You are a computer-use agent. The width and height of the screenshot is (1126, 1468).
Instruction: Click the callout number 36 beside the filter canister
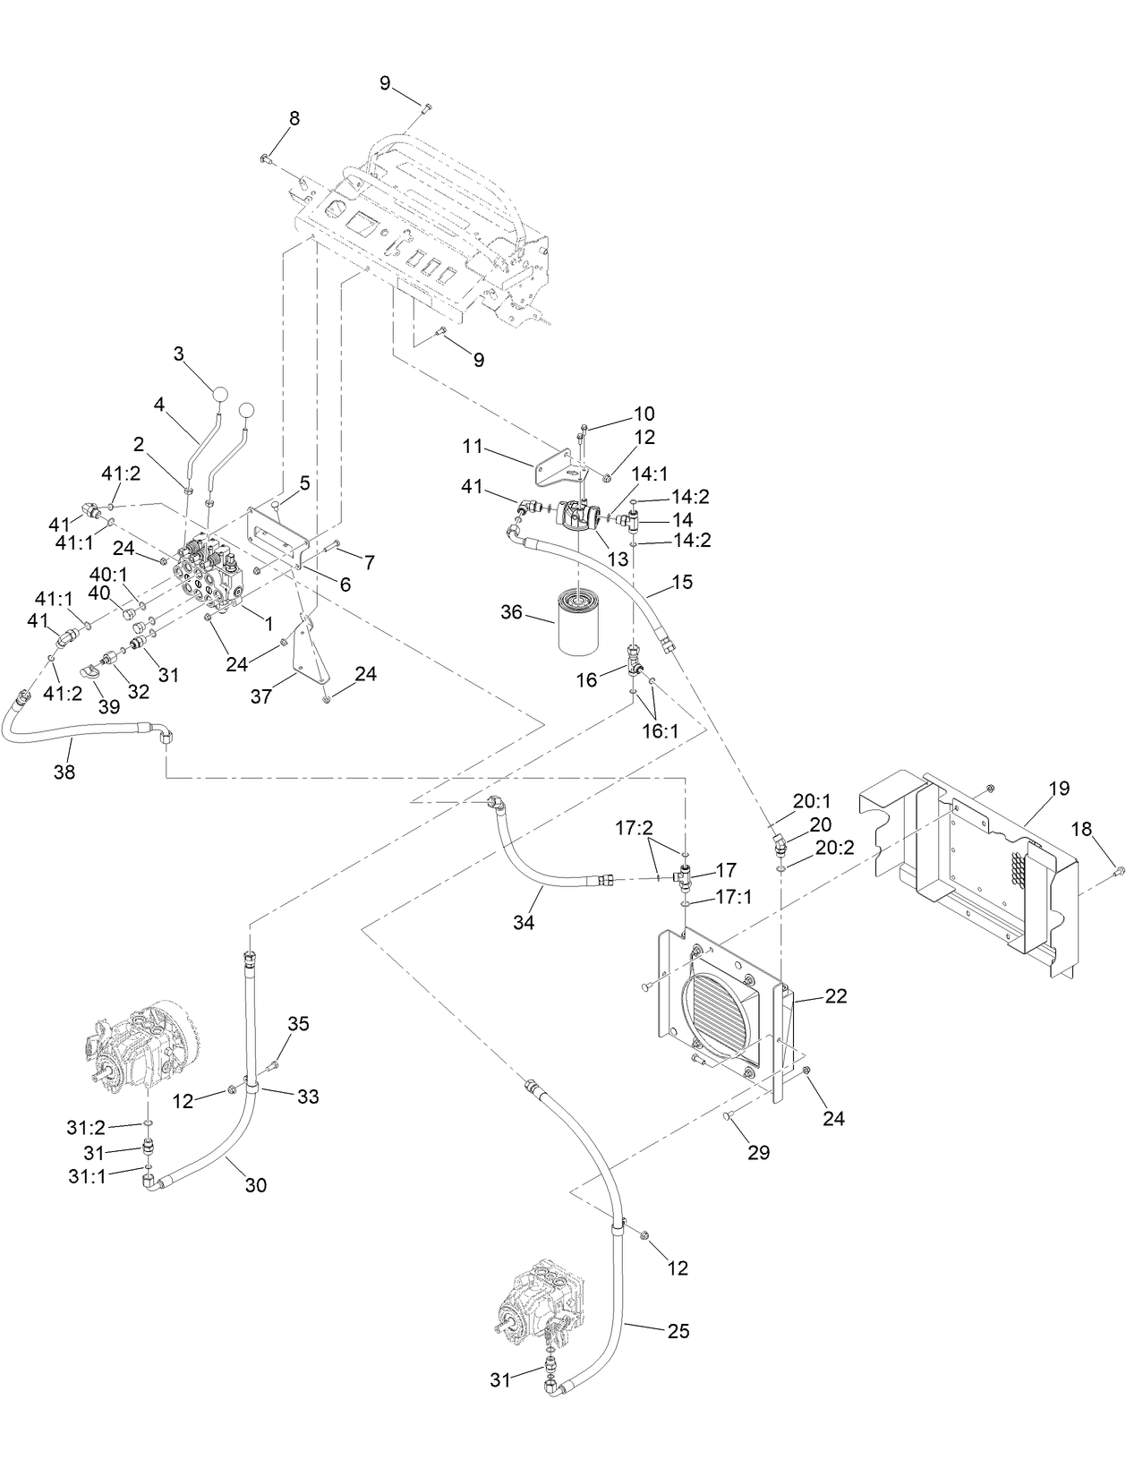511,612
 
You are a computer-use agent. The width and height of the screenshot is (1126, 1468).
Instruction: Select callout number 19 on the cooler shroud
1059,789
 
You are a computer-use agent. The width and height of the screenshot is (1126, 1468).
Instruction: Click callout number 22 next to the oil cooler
835,996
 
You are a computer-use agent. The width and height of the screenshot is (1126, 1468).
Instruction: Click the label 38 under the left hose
64,772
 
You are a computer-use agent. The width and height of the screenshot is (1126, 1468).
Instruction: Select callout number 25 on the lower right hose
678,1331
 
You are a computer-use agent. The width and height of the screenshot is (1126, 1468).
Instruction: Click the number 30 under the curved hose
255,1185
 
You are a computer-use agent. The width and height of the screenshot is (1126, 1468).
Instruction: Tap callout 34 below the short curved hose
524,921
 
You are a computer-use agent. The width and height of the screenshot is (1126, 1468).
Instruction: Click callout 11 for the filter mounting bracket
473,445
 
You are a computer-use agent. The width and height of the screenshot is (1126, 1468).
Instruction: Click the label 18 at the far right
1082,829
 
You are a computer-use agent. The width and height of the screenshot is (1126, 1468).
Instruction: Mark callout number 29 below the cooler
758,1152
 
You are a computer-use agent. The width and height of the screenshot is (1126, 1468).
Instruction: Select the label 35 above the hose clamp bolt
298,1023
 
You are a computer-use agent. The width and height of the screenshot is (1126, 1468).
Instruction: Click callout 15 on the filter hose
682,582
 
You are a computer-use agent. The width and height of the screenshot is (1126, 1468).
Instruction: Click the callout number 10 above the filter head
644,414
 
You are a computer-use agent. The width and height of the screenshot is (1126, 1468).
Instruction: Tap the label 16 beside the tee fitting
586,680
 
